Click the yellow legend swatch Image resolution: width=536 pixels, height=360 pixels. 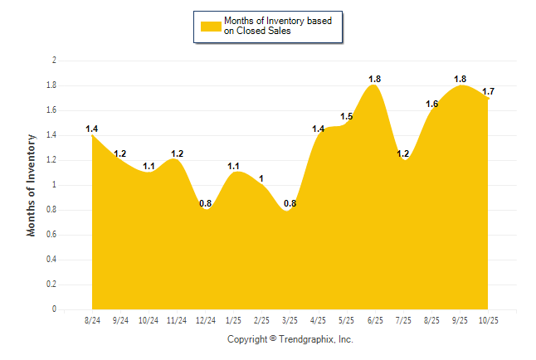(210, 26)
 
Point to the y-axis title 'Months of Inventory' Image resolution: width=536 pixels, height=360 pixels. (32, 185)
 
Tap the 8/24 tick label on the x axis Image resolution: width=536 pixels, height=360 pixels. (92, 320)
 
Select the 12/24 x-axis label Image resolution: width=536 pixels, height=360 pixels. (205, 320)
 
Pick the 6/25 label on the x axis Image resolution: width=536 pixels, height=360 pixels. (375, 320)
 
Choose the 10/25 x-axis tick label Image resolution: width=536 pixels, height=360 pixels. (489, 320)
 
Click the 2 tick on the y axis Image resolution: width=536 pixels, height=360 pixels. (54, 61)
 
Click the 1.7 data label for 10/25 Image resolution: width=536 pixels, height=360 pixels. (488, 91)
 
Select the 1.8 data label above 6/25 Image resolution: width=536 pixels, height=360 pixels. (375, 79)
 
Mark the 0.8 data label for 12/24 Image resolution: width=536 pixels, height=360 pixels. (205, 203)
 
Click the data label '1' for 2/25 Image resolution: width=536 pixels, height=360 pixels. (261, 178)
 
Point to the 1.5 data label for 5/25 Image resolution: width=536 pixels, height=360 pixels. (347, 116)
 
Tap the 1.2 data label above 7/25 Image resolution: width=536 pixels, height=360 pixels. (403, 153)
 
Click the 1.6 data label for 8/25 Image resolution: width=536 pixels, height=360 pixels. (431, 104)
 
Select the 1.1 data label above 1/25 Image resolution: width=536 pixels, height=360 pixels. (233, 166)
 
